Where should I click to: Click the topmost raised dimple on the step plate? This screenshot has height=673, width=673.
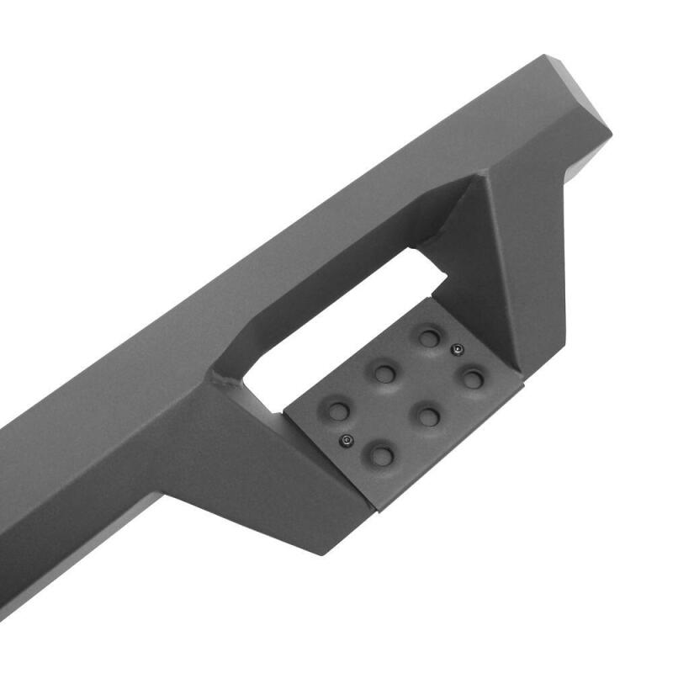(x=430, y=339)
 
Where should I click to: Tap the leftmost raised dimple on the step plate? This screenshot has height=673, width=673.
(x=338, y=411)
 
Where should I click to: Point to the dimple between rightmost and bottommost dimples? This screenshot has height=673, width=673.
(x=429, y=416)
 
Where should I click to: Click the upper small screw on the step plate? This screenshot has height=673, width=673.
(x=457, y=350)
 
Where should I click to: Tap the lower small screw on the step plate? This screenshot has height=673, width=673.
(x=345, y=441)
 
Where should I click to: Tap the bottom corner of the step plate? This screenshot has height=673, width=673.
(x=380, y=511)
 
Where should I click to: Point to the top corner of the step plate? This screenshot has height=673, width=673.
(x=430, y=298)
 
